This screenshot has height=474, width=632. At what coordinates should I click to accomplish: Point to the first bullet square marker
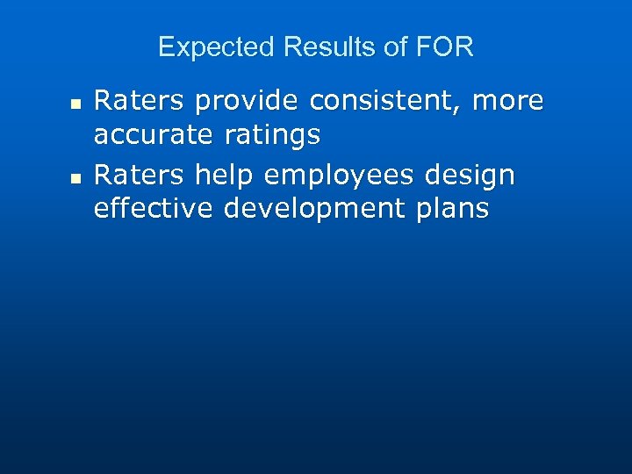(x=75, y=104)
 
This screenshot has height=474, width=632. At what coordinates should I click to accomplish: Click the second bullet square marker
(x=75, y=178)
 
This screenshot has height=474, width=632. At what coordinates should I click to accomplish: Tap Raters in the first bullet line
(x=139, y=102)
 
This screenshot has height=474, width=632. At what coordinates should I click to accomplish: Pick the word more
(x=509, y=102)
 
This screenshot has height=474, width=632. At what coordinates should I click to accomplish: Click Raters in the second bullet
(x=139, y=176)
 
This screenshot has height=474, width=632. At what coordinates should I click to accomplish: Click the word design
(x=470, y=176)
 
